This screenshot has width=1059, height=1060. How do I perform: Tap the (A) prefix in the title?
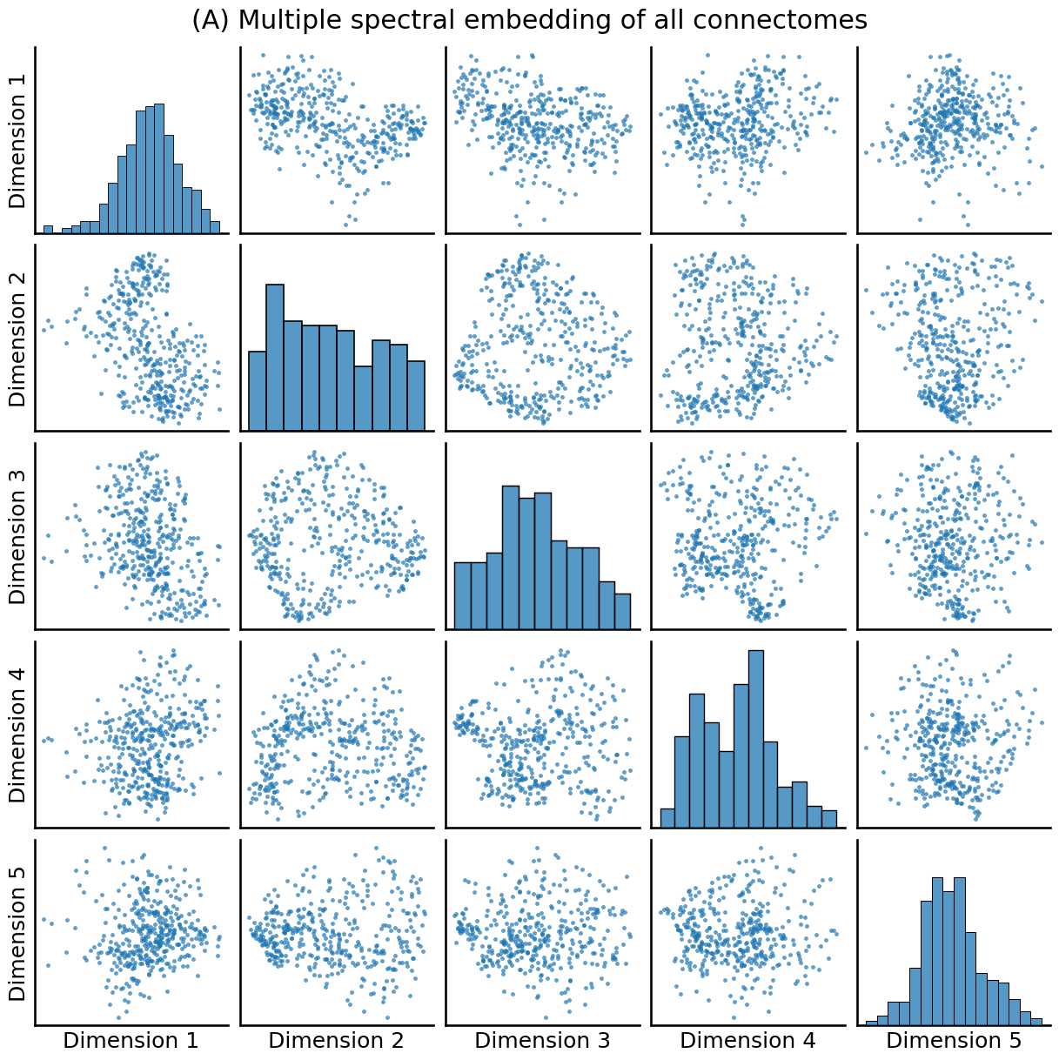pyautogui.click(x=211, y=20)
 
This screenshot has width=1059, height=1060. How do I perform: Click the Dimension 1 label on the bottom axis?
pyautogui.click(x=131, y=1040)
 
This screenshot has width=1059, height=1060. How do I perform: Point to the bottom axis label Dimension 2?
pyautogui.click(x=336, y=1040)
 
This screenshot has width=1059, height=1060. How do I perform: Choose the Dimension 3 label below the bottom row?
pyautogui.click(x=542, y=1040)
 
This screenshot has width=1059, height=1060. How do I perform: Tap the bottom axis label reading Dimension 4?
pyautogui.click(x=747, y=1040)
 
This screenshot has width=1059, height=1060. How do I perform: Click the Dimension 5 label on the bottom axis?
pyautogui.click(x=954, y=1040)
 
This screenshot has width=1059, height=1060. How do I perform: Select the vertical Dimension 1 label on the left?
pyautogui.click(x=18, y=140)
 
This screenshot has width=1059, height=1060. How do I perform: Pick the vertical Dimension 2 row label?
pyautogui.click(x=18, y=338)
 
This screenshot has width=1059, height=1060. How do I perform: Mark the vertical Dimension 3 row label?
pyautogui.click(x=18, y=536)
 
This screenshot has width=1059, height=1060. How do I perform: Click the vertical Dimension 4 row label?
pyautogui.click(x=18, y=734)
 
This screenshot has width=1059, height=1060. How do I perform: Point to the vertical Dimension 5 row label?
pyautogui.click(x=18, y=932)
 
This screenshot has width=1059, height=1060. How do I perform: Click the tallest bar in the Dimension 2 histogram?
pyautogui.click(x=275, y=357)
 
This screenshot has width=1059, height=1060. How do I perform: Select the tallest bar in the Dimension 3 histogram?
pyautogui.click(x=511, y=557)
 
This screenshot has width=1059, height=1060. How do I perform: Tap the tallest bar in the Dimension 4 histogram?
pyautogui.click(x=756, y=739)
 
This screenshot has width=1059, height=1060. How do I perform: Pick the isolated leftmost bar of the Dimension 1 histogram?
pyautogui.click(x=48, y=230)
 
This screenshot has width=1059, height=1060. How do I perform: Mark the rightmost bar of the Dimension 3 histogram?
pyautogui.click(x=622, y=611)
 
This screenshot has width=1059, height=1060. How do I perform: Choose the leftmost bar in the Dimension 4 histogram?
pyautogui.click(x=667, y=818)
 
